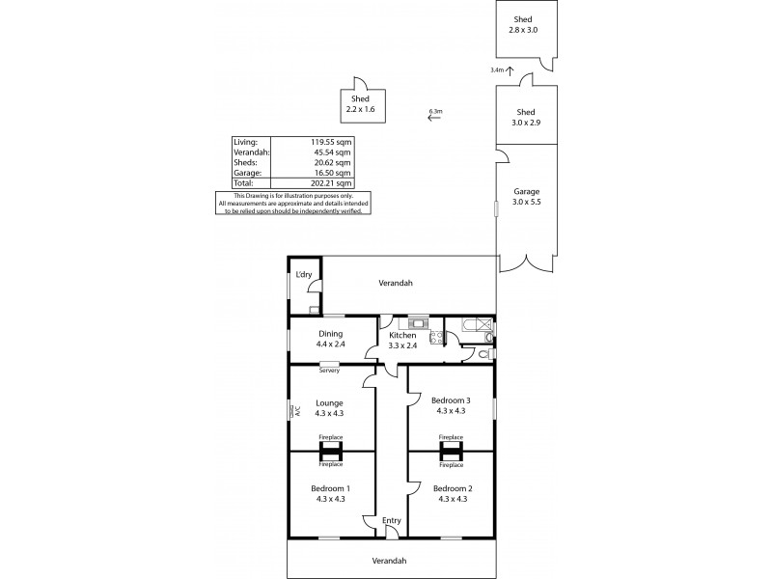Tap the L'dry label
(x=304, y=276)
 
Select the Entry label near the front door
(x=391, y=521)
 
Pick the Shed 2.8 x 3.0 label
(x=522, y=25)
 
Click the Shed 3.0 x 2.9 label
(x=526, y=117)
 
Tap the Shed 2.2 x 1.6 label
(x=360, y=105)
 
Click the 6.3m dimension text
(x=435, y=112)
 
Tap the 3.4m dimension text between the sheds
(x=497, y=69)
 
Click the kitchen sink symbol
(x=418, y=322)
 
